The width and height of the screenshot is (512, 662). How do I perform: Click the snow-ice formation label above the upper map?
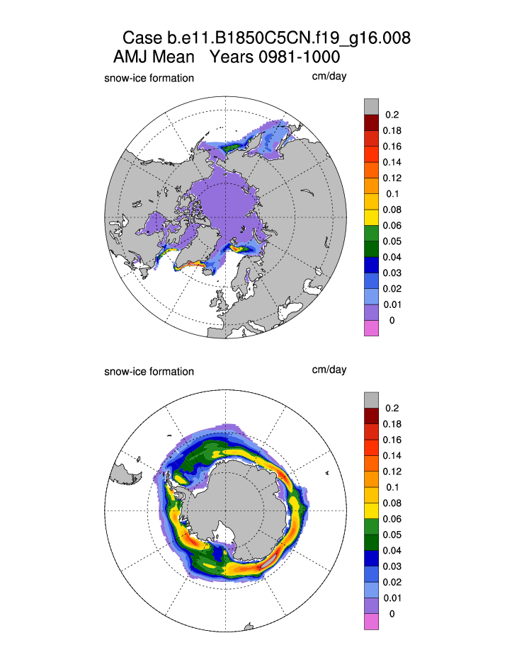click(x=149, y=78)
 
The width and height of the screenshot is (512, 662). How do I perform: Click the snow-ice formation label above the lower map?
click(x=149, y=371)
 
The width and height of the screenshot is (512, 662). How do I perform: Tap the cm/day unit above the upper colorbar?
click(x=329, y=76)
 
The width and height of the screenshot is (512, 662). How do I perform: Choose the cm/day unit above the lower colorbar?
click(x=329, y=370)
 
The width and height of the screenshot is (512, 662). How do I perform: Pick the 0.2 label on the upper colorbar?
click(x=392, y=115)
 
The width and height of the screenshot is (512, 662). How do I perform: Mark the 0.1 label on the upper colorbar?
click(x=391, y=193)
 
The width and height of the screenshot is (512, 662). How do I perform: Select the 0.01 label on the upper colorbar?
click(x=391, y=304)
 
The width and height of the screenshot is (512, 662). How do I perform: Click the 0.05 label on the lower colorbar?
click(x=391, y=535)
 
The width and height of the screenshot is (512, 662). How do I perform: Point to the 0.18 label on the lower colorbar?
click(x=391, y=424)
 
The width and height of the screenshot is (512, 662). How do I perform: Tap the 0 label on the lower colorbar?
click(x=392, y=614)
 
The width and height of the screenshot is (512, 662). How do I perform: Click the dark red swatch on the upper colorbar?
click(x=371, y=122)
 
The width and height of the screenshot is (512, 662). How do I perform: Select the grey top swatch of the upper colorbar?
click(x=371, y=107)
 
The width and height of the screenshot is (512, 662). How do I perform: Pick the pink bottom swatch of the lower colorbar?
click(x=371, y=621)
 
